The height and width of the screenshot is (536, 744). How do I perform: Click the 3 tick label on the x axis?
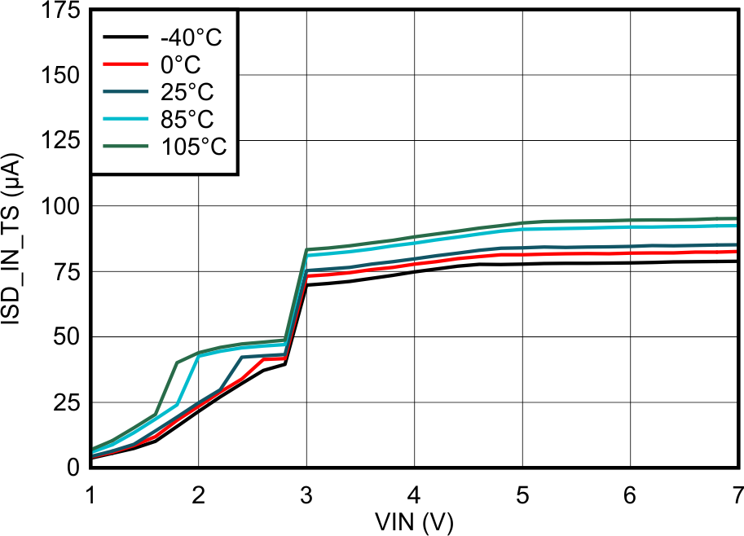point(306,494)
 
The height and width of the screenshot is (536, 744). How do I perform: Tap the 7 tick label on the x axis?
point(737,494)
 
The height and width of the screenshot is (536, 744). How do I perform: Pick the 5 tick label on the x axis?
point(522,494)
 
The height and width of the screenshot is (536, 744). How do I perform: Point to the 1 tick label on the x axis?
point(90,494)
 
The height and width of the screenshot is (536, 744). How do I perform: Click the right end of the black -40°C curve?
point(737,261)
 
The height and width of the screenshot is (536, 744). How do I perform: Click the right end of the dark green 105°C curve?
point(737,218)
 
